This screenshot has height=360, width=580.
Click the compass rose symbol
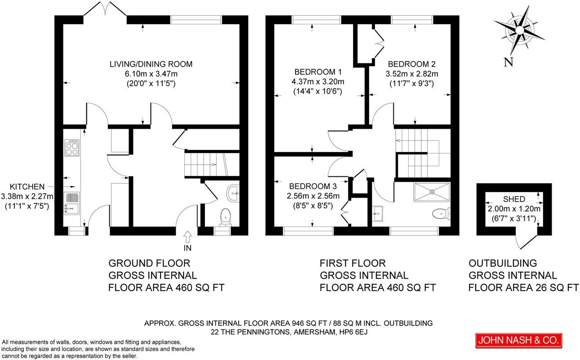pyautogui.click(x=519, y=30)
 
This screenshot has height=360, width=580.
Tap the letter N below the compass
pyautogui.click(x=509, y=63)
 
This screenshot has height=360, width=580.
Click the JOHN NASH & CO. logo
pyautogui.click(x=519, y=341)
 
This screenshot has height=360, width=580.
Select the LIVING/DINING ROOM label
pyautogui.click(x=151, y=64)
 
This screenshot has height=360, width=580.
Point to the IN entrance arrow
pyautogui.click(x=187, y=237)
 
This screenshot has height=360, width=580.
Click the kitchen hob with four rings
pyautogui.click(x=71, y=148)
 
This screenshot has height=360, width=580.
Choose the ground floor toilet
pyautogui.click(x=225, y=217)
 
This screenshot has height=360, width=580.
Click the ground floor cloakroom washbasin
pyautogui.click(x=234, y=193)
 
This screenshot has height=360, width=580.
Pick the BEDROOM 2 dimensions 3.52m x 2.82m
pyautogui.click(x=412, y=74)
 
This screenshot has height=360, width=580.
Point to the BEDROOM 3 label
pyautogui.click(x=312, y=186)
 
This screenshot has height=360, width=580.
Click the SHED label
pyautogui.click(x=514, y=199)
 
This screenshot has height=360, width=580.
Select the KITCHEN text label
pyautogui.click(x=27, y=186)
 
